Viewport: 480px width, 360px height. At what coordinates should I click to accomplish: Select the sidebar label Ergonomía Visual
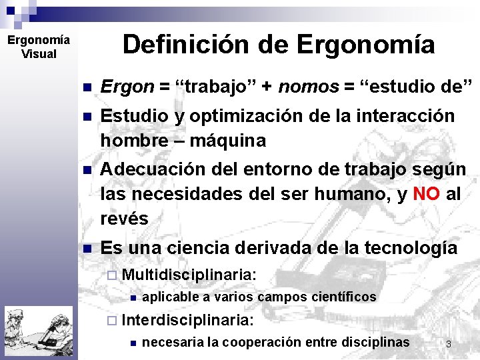(38, 47)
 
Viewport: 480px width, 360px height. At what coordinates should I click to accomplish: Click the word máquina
(228, 141)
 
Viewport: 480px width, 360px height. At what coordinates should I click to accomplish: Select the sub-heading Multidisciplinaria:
(189, 274)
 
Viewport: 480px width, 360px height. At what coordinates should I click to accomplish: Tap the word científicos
(341, 297)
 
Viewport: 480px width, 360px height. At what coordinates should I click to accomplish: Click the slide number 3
(449, 344)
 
